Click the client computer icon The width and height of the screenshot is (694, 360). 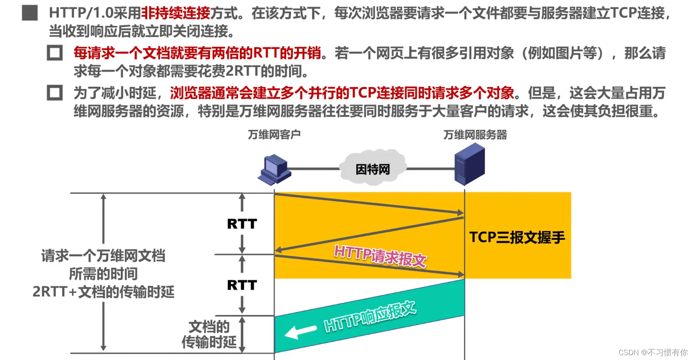coord(274,169)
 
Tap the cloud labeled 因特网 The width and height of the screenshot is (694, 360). coord(373,169)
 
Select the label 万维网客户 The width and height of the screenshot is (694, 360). coord(274,135)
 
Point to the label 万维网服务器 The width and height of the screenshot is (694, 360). coord(475,135)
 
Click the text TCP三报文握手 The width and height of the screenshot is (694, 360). coord(517,237)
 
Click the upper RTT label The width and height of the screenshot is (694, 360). coord(242,224)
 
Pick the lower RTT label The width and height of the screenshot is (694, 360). coord(242,285)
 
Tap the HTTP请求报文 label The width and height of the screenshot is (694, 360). coord(380,256)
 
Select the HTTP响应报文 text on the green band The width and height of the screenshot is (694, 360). coord(370,316)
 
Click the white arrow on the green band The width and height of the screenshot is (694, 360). coord(300,332)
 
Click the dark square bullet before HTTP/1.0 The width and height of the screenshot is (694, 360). coord(30,13)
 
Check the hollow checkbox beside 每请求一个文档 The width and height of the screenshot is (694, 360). coord(55,53)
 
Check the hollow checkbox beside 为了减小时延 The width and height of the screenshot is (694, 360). coord(55,93)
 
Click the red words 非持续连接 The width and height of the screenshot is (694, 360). coord(176,13)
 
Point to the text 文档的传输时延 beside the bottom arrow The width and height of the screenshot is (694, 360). coord(209,334)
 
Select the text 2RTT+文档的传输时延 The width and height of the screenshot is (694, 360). coord(103,291)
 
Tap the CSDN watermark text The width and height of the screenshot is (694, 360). coord(653,352)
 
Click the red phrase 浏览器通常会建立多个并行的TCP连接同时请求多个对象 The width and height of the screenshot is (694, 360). coord(342,93)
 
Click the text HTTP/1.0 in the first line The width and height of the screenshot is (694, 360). coord(81,13)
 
